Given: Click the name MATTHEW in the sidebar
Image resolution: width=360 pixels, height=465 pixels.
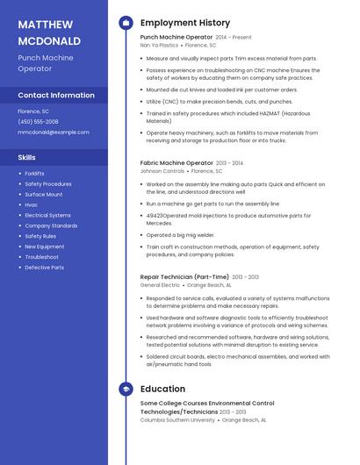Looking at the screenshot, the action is [46, 24].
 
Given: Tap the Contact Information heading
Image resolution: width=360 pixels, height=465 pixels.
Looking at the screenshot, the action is [56, 95].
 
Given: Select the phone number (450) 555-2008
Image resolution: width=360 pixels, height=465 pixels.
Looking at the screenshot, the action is [38, 122].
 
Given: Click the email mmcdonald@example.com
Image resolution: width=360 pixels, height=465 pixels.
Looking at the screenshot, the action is [54, 132].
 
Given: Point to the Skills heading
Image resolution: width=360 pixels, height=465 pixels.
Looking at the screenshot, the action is [27, 157].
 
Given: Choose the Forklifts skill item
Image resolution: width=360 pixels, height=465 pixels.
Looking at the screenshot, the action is [34, 174].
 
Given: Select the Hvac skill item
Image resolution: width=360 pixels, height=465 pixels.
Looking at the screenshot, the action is [31, 204].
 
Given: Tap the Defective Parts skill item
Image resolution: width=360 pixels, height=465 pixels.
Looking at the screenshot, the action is [44, 268].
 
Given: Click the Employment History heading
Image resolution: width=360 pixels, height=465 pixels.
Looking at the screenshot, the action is [185, 23].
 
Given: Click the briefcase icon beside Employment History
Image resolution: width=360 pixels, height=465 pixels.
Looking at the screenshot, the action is [126, 23].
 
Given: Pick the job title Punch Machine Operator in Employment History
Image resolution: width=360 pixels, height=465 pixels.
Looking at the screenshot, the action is [176, 38].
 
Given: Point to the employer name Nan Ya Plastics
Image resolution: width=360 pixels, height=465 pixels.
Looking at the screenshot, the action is [159, 45].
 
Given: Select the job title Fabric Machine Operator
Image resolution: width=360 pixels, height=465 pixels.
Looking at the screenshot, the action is [176, 163].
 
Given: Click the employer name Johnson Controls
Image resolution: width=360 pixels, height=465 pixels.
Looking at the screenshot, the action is [162, 171].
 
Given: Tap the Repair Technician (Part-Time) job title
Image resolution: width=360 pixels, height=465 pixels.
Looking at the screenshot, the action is [185, 277].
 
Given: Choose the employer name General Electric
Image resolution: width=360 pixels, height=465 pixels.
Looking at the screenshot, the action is [160, 285].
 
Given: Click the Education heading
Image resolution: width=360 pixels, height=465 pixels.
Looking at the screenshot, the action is [162, 388].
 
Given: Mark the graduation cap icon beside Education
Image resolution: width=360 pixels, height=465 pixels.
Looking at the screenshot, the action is [126, 388].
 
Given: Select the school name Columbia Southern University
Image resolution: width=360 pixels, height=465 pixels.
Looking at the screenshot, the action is [177, 420].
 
